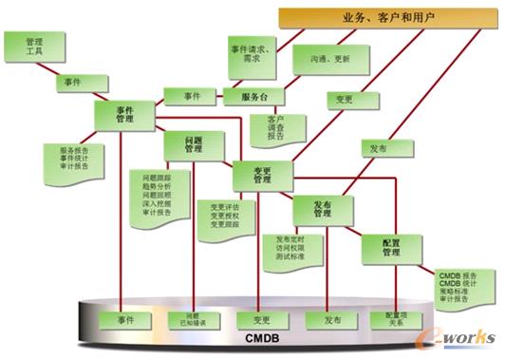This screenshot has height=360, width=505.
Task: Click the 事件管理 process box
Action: pyautogui.click(x=124, y=115)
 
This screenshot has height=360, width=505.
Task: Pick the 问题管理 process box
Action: pyautogui.click(x=193, y=144)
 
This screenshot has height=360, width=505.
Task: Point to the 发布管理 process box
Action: pyautogui.click(x=323, y=209)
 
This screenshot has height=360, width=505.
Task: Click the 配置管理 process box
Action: pyautogui.click(x=391, y=248)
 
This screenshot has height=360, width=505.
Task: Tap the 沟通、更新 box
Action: pyautogui.click(x=324, y=59)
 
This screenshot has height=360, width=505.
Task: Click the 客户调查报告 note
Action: pyautogui.click(x=274, y=129)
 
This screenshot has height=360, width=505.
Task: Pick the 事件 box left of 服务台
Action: pyautogui.click(x=192, y=96)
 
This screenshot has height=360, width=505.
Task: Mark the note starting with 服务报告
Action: pyautogui.click(x=75, y=159)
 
